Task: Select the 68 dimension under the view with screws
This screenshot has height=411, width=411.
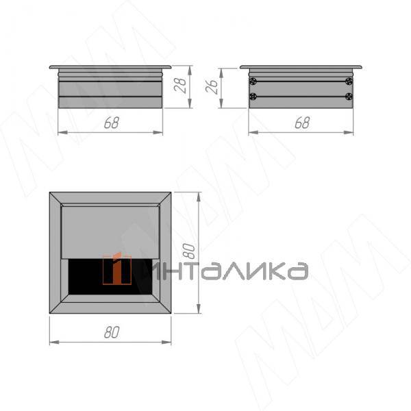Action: [x=301, y=123]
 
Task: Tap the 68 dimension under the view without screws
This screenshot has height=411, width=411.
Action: [x=110, y=123]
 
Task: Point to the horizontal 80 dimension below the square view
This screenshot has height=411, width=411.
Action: [x=110, y=332]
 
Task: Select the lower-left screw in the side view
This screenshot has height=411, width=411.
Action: [x=253, y=96]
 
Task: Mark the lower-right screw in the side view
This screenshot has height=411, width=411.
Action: [x=349, y=96]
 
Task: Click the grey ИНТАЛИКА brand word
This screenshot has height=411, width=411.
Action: [x=226, y=271]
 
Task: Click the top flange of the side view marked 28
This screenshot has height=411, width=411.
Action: [x=110, y=67]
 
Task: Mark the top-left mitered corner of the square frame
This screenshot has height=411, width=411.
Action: [x=55, y=198]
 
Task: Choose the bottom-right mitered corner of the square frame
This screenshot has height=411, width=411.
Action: [x=165, y=308]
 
